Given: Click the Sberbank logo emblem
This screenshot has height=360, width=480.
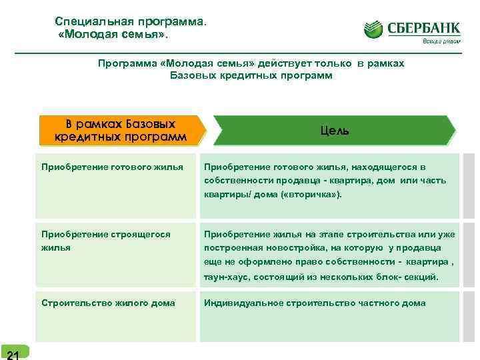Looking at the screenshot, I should point(375,30).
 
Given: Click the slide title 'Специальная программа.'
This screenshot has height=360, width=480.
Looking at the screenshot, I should point(131,22).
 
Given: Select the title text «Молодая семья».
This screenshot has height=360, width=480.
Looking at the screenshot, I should point(109,34).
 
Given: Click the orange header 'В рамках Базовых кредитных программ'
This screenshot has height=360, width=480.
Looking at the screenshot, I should point(121,131).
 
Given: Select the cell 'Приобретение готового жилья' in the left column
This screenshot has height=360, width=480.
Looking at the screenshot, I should point(112,167).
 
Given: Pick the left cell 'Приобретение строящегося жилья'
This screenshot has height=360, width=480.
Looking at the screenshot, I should point(106,241).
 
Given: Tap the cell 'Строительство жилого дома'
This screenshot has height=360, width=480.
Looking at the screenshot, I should point(108,303).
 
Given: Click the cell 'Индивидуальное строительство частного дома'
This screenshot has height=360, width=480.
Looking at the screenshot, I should point(315,303).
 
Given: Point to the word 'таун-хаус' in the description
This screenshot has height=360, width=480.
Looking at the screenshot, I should point(226,276).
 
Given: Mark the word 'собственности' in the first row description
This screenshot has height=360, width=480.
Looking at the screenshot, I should point(235,181).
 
